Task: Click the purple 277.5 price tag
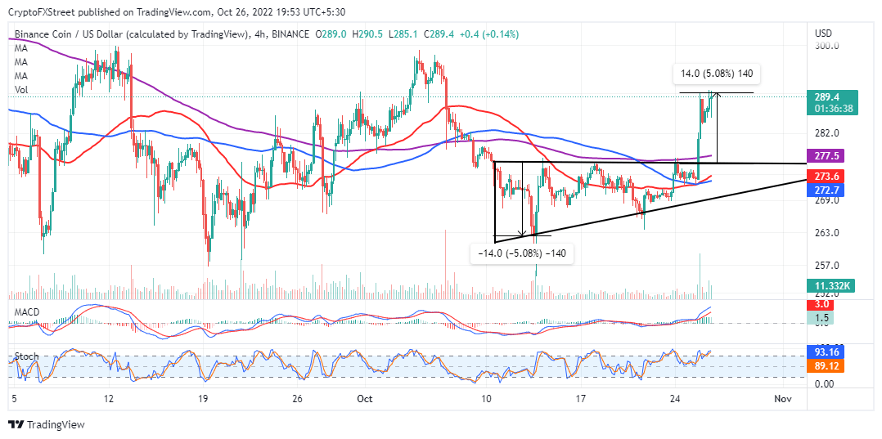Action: (x=828, y=155)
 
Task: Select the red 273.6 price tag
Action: (x=828, y=177)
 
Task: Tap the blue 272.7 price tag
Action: (x=828, y=190)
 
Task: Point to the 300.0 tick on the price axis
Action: (x=828, y=47)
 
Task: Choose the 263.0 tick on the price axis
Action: (x=828, y=233)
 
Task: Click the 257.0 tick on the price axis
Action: (x=828, y=266)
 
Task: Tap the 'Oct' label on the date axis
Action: (x=365, y=398)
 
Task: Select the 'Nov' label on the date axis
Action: (x=783, y=398)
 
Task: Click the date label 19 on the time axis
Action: (x=204, y=398)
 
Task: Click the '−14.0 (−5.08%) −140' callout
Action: (x=521, y=253)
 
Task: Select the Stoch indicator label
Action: (x=26, y=357)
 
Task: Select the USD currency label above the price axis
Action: (x=824, y=33)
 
